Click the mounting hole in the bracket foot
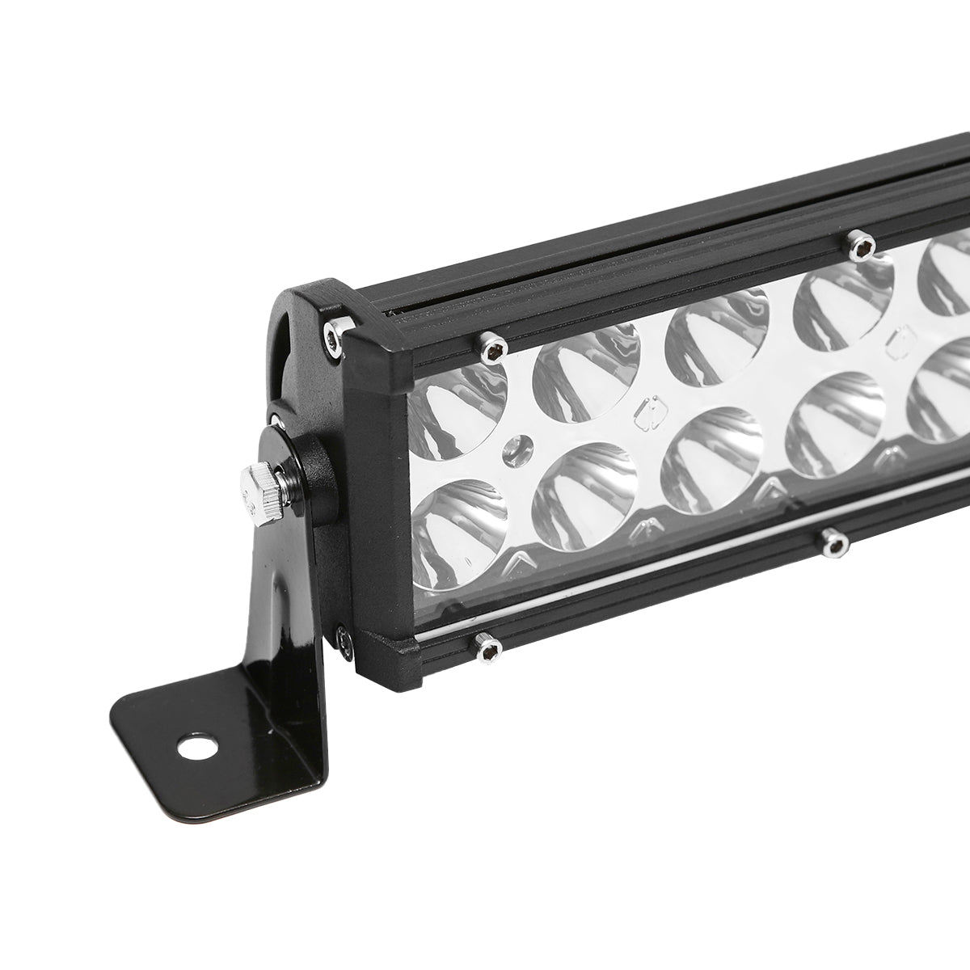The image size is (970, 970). pyautogui.click(x=196, y=749)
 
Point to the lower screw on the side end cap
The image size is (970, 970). pyautogui.click(x=341, y=638)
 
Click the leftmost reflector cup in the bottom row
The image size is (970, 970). pyautogui.click(x=458, y=529)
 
